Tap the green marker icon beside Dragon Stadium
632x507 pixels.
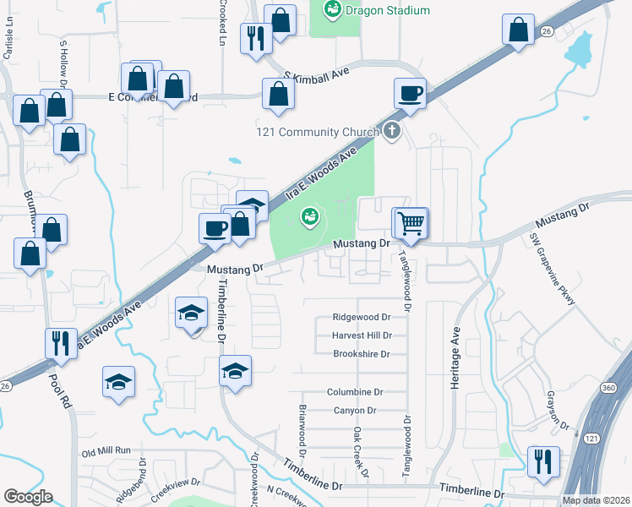click(331, 9)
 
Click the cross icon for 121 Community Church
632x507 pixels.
click(390, 131)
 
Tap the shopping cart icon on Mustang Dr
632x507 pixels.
click(411, 223)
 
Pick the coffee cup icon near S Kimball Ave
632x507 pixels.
click(410, 93)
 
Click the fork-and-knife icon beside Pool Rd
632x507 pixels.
click(61, 343)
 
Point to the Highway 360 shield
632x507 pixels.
click(614, 411)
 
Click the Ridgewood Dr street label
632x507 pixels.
click(362, 318)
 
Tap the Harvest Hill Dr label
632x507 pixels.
click(362, 335)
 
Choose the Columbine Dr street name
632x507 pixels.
click(355, 392)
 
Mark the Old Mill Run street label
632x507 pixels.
click(106, 451)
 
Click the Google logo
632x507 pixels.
click(28, 496)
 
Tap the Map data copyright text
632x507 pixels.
click(597, 500)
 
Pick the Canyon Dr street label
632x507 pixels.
click(354, 411)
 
